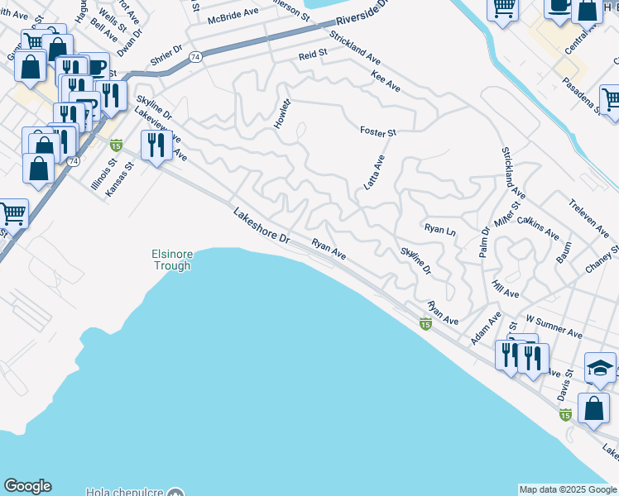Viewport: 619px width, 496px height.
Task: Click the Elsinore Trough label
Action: click(x=171, y=260)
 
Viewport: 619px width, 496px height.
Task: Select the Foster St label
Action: click(x=378, y=131)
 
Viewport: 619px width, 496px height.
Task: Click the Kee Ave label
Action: click(x=386, y=82)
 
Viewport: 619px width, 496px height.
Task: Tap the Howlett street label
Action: click(x=283, y=113)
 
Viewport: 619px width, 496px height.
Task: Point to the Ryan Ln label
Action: click(x=439, y=228)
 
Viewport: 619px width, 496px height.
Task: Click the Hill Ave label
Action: click(x=505, y=289)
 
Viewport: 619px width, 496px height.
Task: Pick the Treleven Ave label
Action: click(x=588, y=212)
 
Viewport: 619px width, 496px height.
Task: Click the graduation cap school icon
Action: click(x=601, y=368)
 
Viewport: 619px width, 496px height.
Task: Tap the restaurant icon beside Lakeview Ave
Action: click(x=155, y=145)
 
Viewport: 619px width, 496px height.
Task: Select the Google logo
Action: click(x=27, y=486)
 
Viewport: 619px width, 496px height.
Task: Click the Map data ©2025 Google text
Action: click(x=568, y=489)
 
